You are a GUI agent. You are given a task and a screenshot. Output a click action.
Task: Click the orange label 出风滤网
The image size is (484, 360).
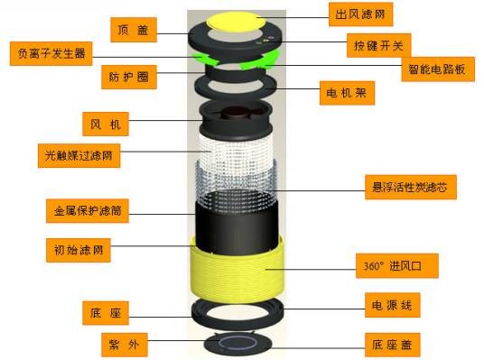360,14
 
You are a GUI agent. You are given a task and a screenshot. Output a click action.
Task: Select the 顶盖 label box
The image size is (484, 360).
134,30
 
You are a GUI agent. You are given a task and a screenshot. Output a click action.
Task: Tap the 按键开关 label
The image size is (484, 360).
378,46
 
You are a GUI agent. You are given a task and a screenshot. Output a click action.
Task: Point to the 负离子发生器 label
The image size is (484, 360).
51,53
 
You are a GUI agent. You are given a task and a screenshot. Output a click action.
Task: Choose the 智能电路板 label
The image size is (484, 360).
438,69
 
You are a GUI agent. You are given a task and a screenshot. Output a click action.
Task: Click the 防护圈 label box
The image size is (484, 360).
129,77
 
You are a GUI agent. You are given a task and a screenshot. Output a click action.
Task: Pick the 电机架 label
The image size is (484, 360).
347,93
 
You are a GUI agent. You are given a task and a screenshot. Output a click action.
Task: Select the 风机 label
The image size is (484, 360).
106,124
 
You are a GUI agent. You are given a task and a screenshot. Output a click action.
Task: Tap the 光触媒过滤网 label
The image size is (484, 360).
79,155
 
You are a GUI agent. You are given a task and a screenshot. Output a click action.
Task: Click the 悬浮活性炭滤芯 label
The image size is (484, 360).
411,187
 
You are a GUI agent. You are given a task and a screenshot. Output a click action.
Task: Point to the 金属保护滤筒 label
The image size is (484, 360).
88,211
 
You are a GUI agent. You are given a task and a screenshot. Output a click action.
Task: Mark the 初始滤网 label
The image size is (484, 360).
79,250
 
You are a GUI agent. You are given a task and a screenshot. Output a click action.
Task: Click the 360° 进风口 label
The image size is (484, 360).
397,266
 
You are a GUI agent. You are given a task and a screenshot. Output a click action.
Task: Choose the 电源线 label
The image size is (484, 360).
392,305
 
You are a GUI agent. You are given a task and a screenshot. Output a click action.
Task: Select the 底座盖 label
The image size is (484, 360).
392,345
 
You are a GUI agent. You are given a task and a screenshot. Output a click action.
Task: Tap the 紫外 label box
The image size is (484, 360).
125,345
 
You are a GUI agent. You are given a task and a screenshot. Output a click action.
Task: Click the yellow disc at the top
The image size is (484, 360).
237,22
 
